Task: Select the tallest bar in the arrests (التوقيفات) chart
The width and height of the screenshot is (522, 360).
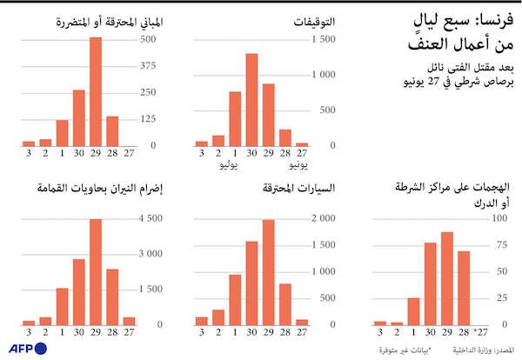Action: (x=251, y=100)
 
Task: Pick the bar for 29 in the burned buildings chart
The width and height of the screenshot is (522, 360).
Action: (x=96, y=91)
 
